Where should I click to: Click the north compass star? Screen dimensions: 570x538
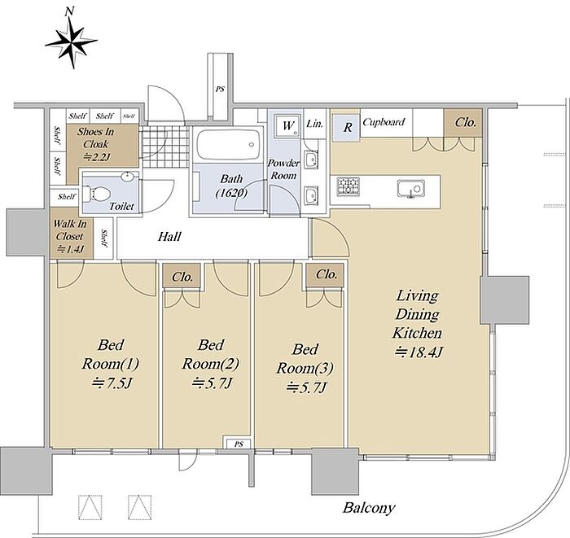pos(72,42)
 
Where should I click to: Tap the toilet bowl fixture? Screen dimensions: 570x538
pos(96,194)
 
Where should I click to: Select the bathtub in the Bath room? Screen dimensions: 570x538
pos(227,145)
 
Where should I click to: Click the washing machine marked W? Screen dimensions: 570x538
pos(287,125)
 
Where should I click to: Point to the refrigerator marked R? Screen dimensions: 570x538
pos(346,128)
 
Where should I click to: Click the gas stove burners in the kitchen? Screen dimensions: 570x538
pos(348,186)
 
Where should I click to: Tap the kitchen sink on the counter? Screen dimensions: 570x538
pos(410,189)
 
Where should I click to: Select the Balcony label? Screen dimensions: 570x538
pos(368,508)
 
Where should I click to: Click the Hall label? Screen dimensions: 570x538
pos(169,237)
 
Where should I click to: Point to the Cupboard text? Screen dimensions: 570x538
pos(384,122)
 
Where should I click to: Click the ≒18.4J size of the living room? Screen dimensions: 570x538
pos(419,352)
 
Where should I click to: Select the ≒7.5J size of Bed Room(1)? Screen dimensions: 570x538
pos(112,383)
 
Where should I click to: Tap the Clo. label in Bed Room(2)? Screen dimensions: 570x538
pos(182,277)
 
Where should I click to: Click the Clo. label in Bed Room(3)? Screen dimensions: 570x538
pos(326,274)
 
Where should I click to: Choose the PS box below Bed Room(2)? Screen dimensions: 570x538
pos(239,444)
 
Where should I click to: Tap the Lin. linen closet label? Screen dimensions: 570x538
pos(314,124)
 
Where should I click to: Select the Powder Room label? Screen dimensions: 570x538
pos(283,169)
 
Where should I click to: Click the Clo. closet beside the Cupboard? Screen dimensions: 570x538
pos(465,122)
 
